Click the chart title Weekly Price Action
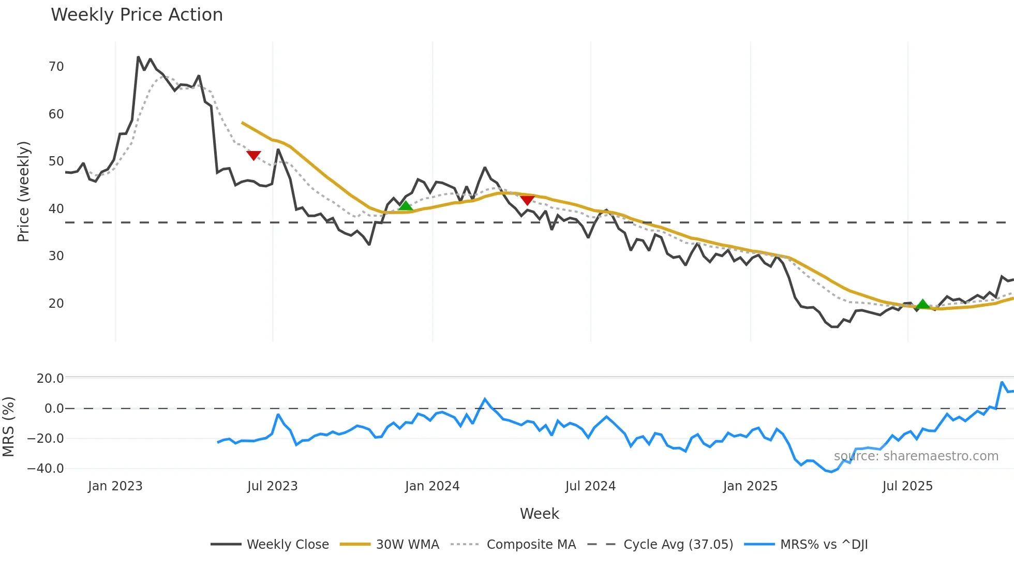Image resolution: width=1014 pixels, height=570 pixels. pos(137,15)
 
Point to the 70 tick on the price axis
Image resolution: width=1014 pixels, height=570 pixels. pos(56,67)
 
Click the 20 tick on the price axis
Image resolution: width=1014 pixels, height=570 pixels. pos(56,304)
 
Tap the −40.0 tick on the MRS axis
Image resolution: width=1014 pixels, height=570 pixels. pos(46,469)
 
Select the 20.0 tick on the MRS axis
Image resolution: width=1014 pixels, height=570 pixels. pos(50,379)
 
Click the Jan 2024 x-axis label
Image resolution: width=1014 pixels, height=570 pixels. pos(432,486)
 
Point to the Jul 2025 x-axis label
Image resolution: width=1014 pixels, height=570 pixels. pos(907,486)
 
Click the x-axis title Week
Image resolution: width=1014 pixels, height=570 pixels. pos(539,514)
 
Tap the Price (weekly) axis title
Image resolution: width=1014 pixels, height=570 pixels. pos(23,191)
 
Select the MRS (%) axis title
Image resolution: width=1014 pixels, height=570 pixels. pos(8,427)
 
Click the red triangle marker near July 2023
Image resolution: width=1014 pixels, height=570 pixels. pos(253,155)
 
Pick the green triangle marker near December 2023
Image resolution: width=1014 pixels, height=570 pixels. pos(406,206)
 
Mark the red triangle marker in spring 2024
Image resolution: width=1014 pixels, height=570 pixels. pos(527,200)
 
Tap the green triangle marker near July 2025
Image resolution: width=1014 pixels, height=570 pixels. pos(922,304)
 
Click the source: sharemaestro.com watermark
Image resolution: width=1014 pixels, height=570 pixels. pos(916,456)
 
